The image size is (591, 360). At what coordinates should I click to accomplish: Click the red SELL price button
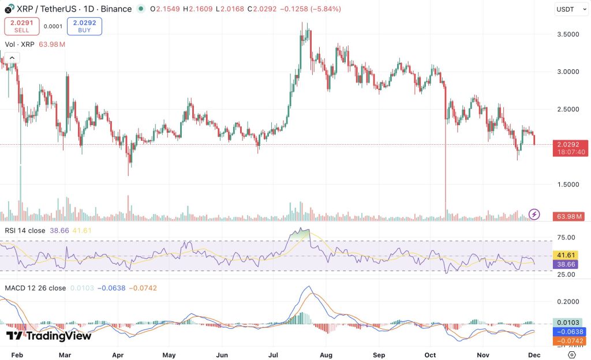21,26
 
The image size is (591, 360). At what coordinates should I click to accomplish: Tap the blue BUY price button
84,26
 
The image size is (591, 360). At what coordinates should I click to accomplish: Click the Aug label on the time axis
326,355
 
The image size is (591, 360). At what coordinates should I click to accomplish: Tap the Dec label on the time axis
534,355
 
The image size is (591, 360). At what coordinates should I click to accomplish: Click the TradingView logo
48,336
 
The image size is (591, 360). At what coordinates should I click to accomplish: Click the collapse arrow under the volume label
12,57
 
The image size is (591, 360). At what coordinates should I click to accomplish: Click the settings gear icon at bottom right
571,355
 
